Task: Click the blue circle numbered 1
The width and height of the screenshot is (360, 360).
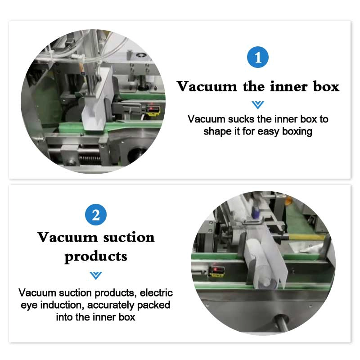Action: (257, 57)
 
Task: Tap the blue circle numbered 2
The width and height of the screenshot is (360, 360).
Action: (96, 215)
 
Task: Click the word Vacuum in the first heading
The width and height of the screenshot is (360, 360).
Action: (207, 86)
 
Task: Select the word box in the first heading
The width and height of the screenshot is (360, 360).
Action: (326, 86)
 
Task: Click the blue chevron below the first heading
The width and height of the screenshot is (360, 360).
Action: (257, 105)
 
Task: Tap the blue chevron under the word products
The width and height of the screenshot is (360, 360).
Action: (96, 275)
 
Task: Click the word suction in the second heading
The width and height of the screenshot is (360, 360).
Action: (129, 238)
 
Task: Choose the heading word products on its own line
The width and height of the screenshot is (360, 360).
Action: (96, 257)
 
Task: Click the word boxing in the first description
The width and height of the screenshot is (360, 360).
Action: (297, 131)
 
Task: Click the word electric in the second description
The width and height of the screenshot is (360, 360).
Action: (156, 293)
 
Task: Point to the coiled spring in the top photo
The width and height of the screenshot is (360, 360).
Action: (90, 158)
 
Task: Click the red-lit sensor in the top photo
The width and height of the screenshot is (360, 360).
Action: (153, 110)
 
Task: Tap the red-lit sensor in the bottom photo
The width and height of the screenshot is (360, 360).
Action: (216, 271)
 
